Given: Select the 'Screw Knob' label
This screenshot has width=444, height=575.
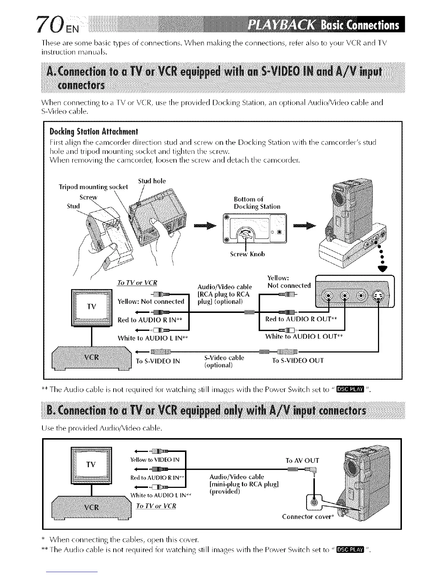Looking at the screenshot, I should coord(247,254).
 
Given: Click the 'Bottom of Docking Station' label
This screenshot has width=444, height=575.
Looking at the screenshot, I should coord(257,203).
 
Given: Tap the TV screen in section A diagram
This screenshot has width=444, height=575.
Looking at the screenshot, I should coord(92,306).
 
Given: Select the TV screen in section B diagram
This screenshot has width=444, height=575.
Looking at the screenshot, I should coord(91,465).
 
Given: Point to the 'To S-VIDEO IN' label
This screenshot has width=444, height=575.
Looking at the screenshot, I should coord(157,361).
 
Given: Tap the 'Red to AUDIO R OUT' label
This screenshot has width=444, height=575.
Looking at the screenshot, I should coord(301,319).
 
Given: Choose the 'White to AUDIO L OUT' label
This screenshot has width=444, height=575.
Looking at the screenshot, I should coord(304,337).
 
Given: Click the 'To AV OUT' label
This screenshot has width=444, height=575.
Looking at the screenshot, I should coord(302,460).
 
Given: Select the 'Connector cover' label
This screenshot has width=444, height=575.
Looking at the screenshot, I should coord(307,517).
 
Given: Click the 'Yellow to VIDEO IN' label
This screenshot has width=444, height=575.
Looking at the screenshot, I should coord(155,460).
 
